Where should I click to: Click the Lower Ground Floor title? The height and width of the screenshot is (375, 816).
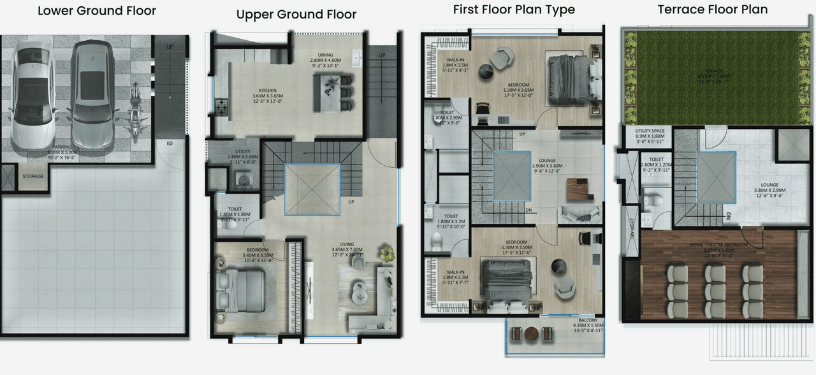[x=96, y=11]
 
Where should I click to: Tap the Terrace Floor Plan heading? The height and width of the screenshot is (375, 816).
[x=713, y=10]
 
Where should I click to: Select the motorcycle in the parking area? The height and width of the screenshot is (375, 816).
[x=135, y=105]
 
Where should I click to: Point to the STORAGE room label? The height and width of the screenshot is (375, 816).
[x=33, y=177]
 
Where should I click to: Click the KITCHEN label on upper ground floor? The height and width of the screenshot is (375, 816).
[x=267, y=91]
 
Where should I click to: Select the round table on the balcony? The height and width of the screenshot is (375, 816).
[x=532, y=334]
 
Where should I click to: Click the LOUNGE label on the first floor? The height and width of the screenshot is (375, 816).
[x=546, y=161]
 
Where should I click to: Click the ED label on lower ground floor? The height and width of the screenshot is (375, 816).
[x=170, y=143]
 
